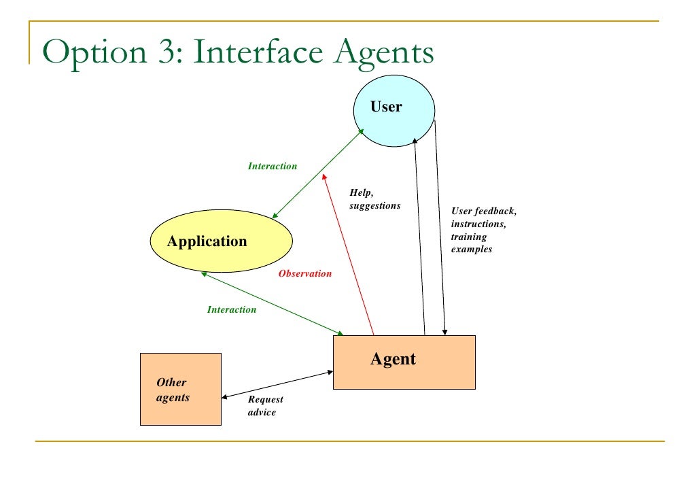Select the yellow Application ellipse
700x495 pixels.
[221, 241]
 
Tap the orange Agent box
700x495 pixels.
[404, 362]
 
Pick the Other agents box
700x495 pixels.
[180, 389]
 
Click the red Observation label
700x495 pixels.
[305, 274]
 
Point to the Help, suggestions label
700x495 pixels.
[374, 199]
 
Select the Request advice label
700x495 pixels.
[265, 406]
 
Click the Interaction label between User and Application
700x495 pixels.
[272, 166]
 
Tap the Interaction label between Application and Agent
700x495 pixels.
[232, 309]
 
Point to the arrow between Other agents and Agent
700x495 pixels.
[277, 384]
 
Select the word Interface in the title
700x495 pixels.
[258, 53]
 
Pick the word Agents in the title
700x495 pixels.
[383, 53]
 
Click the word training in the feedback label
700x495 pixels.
[469, 237]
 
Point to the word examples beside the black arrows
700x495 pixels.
[472, 250]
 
